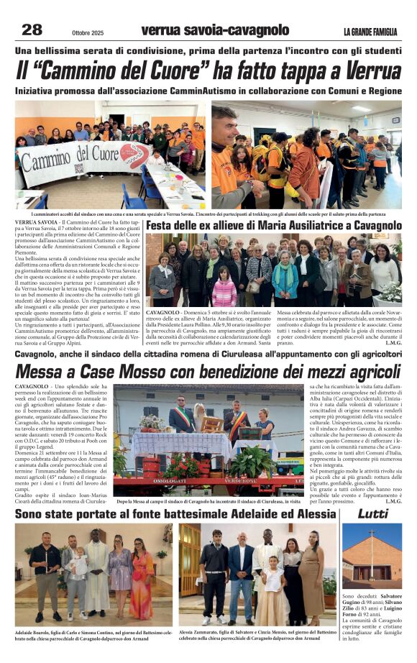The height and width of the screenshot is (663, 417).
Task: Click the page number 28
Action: [32, 29]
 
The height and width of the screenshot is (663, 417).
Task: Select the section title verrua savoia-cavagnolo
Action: [215, 30]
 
